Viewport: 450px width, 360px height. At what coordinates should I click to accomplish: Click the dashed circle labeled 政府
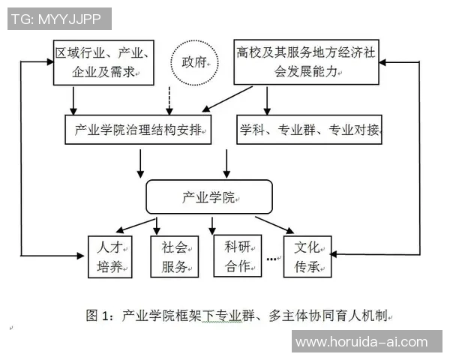[x=194, y=61]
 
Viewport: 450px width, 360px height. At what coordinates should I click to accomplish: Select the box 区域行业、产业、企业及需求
[x=104, y=63]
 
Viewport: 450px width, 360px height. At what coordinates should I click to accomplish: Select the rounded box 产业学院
[x=209, y=196]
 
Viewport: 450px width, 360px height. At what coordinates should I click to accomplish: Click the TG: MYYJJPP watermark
[x=59, y=19]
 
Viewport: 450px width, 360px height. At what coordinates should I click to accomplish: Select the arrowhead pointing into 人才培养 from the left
[x=83, y=255]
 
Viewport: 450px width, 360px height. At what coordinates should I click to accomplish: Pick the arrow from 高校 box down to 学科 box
[x=268, y=100]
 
